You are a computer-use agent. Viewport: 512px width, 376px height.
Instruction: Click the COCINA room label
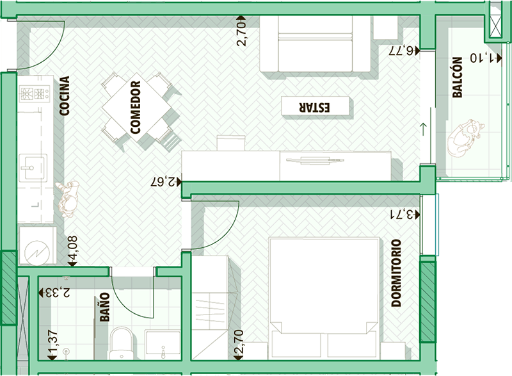click(65, 95)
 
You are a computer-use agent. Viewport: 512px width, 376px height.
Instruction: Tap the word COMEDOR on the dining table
click(135, 108)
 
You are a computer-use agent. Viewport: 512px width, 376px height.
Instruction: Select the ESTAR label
click(314, 108)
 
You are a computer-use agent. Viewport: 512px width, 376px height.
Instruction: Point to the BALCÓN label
click(458, 78)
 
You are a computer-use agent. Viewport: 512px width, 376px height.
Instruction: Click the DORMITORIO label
click(396, 273)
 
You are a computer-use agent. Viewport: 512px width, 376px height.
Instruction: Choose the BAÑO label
click(104, 307)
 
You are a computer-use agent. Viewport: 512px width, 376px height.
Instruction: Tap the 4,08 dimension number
click(72, 248)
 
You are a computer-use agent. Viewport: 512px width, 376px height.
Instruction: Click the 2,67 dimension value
click(163, 182)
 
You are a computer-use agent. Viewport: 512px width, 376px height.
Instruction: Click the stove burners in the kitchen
click(35, 94)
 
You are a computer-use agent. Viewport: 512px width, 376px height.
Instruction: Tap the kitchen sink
click(33, 168)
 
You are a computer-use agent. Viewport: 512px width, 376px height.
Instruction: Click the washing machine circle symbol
click(38, 253)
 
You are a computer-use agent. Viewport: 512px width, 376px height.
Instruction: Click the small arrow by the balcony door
click(424, 129)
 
